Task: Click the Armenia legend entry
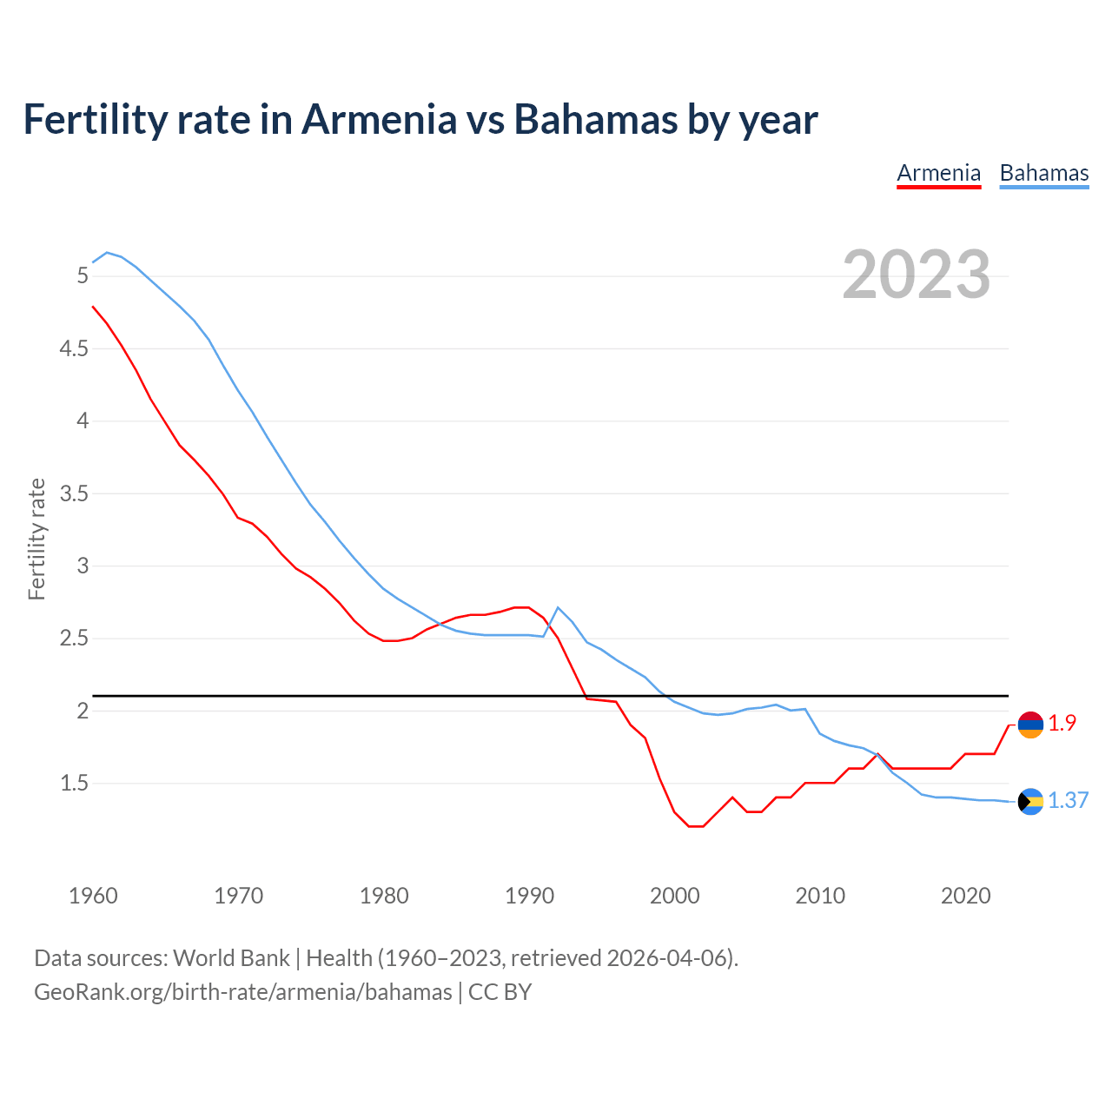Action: click(938, 173)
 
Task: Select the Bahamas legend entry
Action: click(1043, 173)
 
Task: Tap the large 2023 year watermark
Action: click(917, 275)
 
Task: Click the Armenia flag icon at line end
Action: click(1030, 725)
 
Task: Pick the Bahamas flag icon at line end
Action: click(1030, 801)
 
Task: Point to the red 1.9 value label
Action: click(1062, 723)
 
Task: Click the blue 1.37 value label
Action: click(1068, 800)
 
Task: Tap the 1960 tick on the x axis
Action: click(93, 896)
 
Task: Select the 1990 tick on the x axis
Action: click(529, 896)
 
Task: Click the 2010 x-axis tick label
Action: click(819, 896)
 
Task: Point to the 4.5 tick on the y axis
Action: click(74, 348)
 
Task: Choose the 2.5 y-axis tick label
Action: click(74, 639)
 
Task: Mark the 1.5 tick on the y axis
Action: click(74, 784)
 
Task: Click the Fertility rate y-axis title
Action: click(36, 539)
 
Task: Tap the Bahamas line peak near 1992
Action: click(558, 607)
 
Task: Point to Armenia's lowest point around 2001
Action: click(696, 826)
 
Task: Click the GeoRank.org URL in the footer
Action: click(242, 992)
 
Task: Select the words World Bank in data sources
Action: click(231, 958)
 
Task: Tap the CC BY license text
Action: click(500, 992)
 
